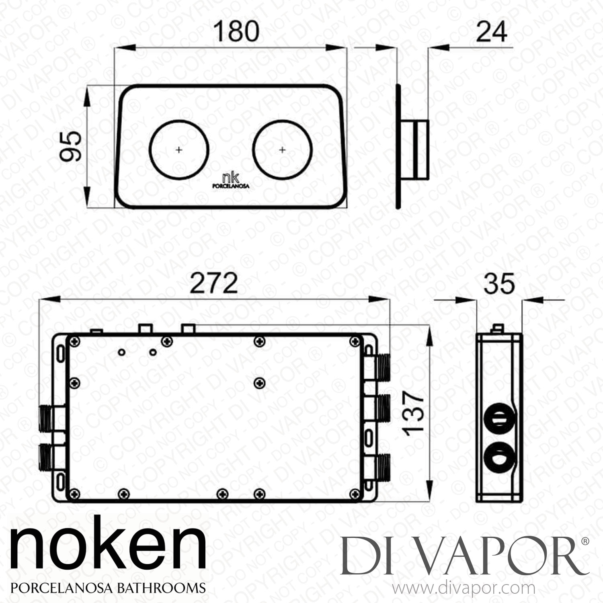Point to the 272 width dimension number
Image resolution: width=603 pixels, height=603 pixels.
pyautogui.click(x=213, y=283)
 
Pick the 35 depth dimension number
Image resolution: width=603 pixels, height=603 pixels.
pyautogui.click(x=499, y=283)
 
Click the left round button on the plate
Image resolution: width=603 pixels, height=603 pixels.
pyautogui.click(x=179, y=150)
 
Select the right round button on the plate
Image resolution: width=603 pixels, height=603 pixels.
pyautogui.click(x=283, y=150)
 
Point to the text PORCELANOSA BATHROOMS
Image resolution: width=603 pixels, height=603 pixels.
pyautogui.click(x=108, y=587)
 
